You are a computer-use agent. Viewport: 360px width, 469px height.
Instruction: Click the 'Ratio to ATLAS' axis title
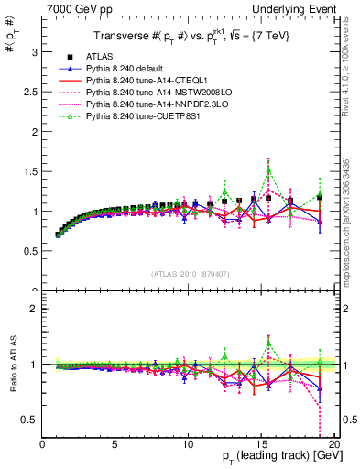click(x=12, y=363)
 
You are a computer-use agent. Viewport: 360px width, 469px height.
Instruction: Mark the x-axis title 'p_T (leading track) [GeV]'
click(x=275, y=456)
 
